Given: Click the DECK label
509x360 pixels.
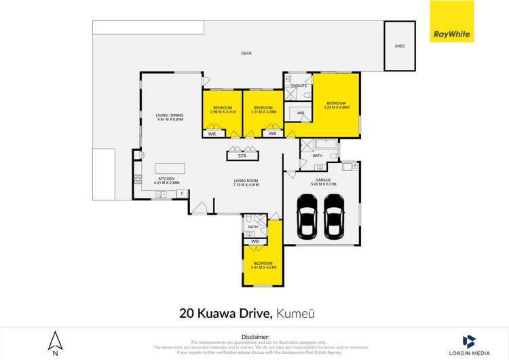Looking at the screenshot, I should coord(246,53).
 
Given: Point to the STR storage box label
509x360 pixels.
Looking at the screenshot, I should coord(242,156).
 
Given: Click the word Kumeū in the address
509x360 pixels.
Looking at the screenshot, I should coord(295,313).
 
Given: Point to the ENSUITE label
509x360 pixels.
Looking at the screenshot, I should coord(299,86).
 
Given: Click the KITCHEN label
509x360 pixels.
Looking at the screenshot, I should coord(157,179).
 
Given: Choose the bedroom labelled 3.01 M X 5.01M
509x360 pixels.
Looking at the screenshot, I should coord(263,265).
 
